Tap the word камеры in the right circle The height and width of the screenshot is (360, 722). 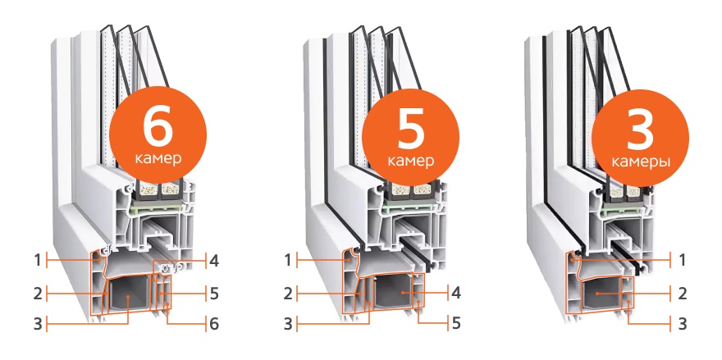[640, 162]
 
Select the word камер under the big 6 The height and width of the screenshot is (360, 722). [158, 159]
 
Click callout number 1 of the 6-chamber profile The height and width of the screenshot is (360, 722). [37, 261]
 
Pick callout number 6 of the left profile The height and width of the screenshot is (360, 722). [213, 324]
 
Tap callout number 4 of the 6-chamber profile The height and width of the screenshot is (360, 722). [213, 261]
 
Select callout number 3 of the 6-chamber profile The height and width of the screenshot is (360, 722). [38, 324]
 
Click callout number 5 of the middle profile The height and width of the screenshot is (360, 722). [456, 323]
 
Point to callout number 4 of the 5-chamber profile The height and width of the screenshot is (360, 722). [456, 292]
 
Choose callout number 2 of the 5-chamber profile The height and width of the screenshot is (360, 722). [288, 294]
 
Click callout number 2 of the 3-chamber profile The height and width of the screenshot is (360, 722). [682, 294]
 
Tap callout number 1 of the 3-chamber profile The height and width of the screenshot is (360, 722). [682, 261]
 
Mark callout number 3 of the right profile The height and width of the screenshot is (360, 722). [682, 323]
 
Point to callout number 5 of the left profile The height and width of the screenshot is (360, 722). [213, 294]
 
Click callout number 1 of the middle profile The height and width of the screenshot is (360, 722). [288, 261]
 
